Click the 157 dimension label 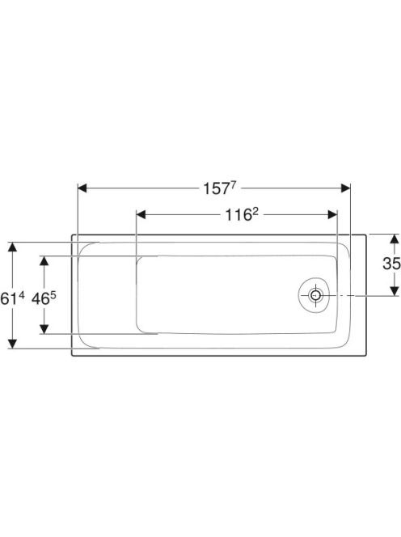(220, 188)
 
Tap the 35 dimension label (391, 264)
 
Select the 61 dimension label (12, 298)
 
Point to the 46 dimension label (44, 298)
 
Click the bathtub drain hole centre (315, 295)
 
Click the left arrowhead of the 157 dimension (82, 188)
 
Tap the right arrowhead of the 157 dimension (345, 188)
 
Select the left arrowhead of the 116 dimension (141, 215)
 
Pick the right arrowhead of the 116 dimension (332, 215)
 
